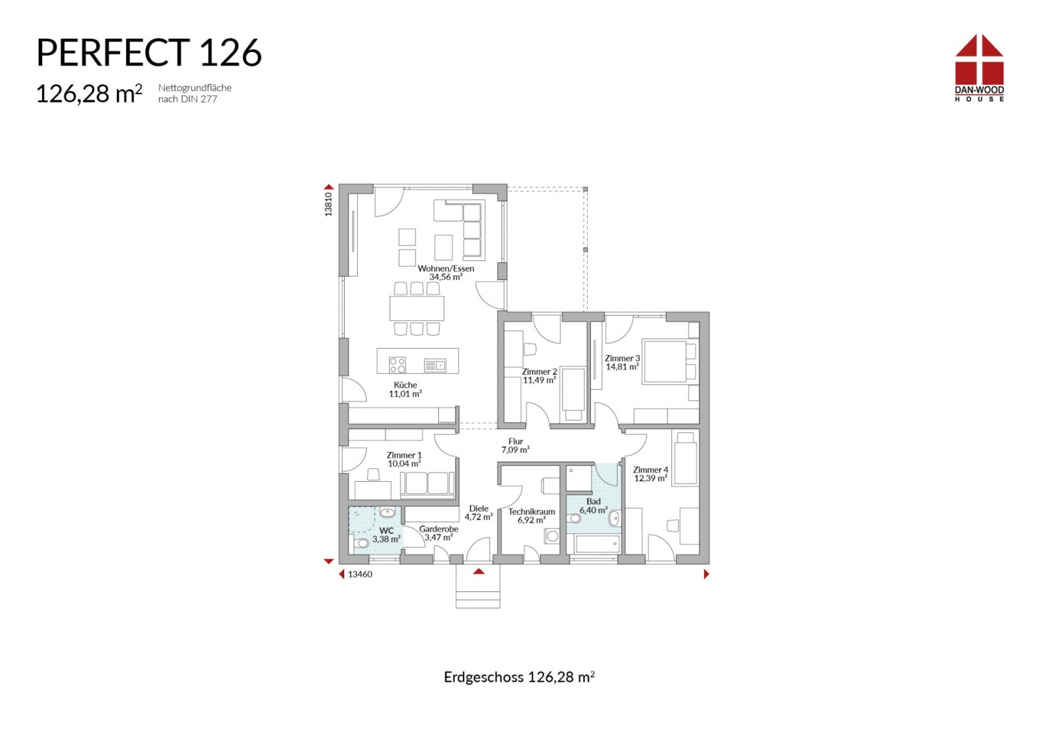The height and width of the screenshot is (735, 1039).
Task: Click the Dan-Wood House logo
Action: (x=979, y=68)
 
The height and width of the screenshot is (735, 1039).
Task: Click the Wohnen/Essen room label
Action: (x=445, y=269)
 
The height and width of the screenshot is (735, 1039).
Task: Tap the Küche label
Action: (x=405, y=385)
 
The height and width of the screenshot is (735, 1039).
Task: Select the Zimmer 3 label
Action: (x=622, y=358)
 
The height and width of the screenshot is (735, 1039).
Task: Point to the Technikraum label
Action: (x=532, y=512)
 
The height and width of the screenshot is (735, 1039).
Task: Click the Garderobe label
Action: (x=439, y=529)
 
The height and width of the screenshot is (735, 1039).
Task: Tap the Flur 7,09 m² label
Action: (x=516, y=445)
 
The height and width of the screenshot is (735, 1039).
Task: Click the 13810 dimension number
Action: (x=329, y=204)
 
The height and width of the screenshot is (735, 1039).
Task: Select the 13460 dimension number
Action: (x=360, y=574)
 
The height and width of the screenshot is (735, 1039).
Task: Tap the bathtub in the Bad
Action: (x=597, y=544)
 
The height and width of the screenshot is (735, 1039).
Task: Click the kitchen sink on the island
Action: (x=435, y=366)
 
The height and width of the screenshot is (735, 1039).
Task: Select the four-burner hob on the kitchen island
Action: (x=397, y=364)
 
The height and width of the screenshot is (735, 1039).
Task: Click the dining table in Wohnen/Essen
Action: (x=417, y=308)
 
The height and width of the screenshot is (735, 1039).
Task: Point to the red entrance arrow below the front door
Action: (x=479, y=572)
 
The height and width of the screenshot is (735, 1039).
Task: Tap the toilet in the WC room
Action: (x=361, y=543)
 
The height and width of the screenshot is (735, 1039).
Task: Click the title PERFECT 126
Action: (x=149, y=53)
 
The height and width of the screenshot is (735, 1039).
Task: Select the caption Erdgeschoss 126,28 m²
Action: (x=519, y=677)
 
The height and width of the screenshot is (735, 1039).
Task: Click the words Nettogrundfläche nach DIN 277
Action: (x=195, y=93)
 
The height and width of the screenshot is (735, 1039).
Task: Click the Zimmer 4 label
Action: (x=651, y=469)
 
